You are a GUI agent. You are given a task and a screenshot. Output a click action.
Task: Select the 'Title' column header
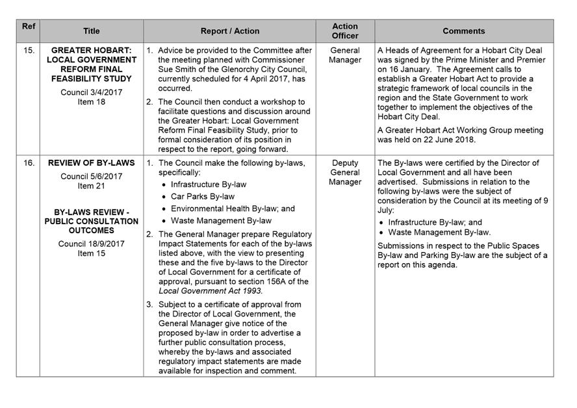tap(92, 31)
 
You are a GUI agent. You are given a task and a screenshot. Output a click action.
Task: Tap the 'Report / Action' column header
tap(229, 31)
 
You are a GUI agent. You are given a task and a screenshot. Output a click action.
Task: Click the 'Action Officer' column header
tap(345, 31)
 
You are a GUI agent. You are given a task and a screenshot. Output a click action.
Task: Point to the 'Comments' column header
tap(464, 31)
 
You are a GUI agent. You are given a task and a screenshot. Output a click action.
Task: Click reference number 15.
tap(29, 50)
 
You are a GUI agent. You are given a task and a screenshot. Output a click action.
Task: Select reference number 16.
tap(29, 163)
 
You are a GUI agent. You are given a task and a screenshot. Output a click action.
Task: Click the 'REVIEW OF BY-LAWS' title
tap(92, 163)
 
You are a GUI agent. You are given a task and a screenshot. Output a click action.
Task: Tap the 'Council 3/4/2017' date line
tap(91, 92)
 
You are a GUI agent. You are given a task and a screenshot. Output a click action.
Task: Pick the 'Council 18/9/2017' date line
tap(91, 244)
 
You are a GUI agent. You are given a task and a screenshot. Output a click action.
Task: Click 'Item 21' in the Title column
tap(91, 186)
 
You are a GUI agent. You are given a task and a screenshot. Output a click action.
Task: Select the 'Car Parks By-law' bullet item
tap(202, 196)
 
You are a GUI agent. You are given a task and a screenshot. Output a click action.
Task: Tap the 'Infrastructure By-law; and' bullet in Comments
tap(435, 222)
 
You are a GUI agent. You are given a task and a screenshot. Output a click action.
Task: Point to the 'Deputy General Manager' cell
tap(345, 172)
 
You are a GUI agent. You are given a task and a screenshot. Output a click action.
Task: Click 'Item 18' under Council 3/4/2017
tap(91, 101)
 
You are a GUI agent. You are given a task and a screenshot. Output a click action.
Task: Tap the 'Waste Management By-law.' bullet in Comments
tap(439, 233)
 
